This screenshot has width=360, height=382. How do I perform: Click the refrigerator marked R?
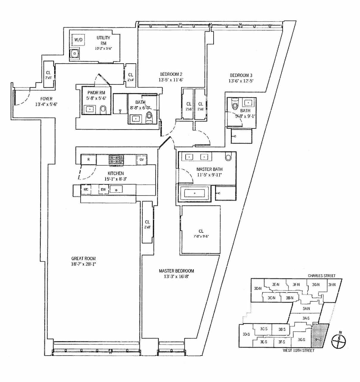point(88,160)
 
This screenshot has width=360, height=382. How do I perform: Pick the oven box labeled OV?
point(142,160)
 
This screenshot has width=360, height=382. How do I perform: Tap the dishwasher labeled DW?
point(103,189)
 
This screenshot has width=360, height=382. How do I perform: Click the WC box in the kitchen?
point(86,189)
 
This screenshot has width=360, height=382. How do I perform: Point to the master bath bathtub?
point(195,193)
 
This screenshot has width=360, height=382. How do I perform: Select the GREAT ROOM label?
point(84,259)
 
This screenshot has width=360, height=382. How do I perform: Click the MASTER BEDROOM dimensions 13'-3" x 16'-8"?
point(176,276)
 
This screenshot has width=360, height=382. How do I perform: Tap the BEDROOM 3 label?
point(241,75)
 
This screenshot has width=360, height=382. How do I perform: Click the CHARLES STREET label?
point(322,276)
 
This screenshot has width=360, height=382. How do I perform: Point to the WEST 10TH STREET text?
point(299,350)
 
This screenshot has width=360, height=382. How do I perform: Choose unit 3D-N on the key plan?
point(257,288)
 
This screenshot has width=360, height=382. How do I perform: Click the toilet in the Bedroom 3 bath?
point(235,104)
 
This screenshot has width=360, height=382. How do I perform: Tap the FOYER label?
point(46,99)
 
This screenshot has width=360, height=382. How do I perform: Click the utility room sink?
point(74,54)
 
